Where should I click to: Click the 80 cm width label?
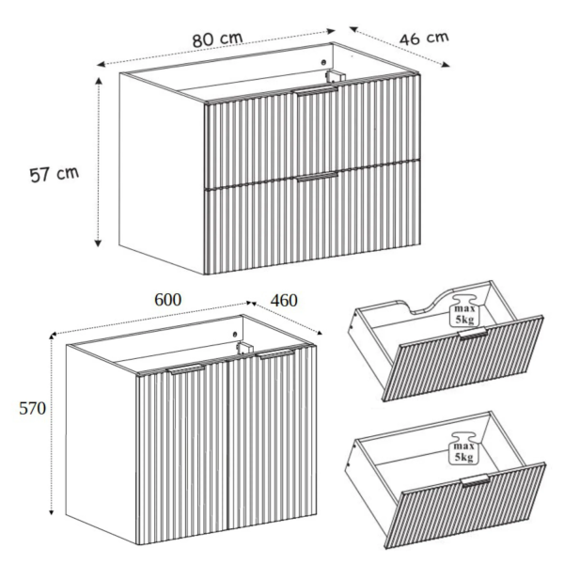pos(218,39)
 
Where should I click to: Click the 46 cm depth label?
pos(424,39)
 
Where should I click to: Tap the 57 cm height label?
pos(54,175)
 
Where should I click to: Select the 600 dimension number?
pos(168,300)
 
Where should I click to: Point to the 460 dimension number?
pos(284,301)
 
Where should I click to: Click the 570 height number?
pos(32,408)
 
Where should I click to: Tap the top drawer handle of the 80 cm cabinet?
pos(317,90)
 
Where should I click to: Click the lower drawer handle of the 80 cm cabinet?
pos(318,178)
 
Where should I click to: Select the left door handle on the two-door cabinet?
pos(186,369)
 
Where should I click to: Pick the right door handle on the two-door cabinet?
pos(276,353)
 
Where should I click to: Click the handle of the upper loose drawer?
pos(473,333)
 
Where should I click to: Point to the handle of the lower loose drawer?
pos(476,480)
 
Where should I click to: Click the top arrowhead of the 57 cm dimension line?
pos(98,81)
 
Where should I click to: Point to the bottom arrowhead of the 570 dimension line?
pos(52,511)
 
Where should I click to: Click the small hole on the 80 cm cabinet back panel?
pos(322,62)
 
